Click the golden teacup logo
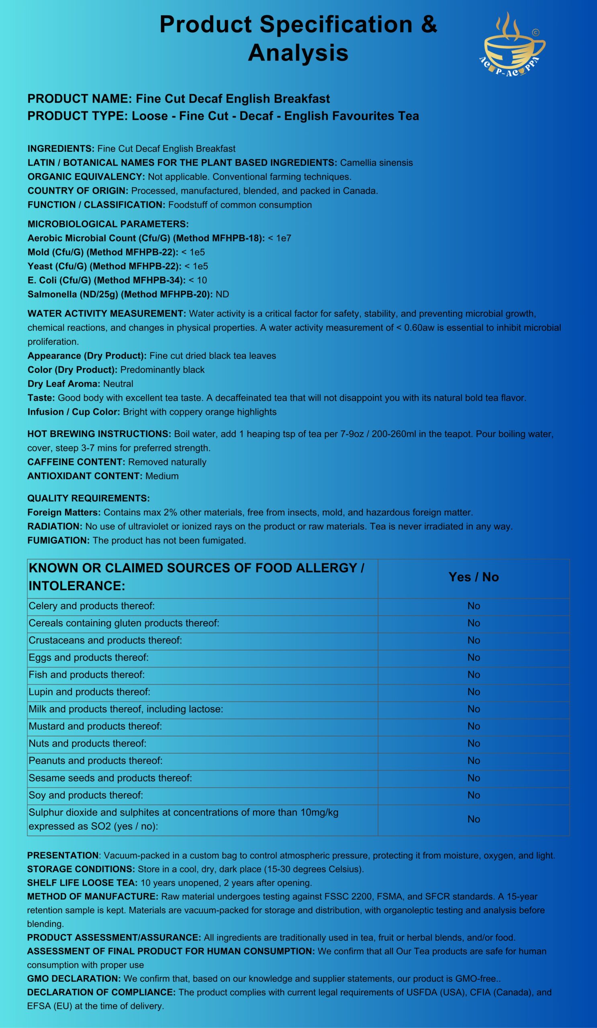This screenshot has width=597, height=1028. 513,45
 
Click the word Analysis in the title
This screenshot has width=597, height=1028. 298,53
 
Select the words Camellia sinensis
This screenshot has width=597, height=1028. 376,163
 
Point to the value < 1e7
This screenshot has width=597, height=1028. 280,238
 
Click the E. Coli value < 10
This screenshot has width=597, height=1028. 198,280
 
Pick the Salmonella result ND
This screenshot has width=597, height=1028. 223,294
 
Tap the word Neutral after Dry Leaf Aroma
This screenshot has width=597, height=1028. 118,384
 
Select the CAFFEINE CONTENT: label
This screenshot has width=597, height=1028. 76,462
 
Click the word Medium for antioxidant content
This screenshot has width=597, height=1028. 162,476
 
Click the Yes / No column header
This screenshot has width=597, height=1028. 473,577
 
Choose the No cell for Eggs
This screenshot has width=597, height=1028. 473,658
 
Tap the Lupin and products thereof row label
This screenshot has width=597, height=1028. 89,692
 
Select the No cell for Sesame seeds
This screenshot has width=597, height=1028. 473,778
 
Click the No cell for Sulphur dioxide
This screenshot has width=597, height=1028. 473,819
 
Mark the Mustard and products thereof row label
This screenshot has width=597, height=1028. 95,726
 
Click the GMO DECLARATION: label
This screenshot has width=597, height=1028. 74,978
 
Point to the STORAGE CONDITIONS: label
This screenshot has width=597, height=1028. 81,869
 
